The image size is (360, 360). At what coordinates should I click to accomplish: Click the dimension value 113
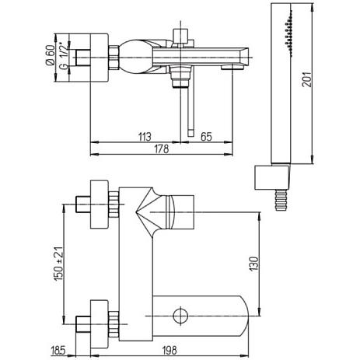click(x=145, y=137)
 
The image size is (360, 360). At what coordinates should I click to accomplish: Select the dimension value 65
click(x=206, y=137)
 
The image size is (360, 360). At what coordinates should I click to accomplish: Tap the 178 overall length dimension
click(x=162, y=149)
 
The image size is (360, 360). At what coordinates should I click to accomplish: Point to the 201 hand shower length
click(x=307, y=79)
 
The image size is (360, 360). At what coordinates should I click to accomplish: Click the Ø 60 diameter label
click(x=51, y=55)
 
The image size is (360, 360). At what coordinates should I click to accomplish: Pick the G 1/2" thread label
click(x=64, y=55)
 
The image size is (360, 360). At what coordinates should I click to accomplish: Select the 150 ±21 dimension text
click(x=58, y=264)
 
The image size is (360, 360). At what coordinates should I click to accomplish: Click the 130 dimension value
click(x=254, y=264)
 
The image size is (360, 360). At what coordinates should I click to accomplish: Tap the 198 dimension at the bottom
click(x=170, y=351)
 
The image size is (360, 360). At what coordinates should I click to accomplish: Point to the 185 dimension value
click(x=59, y=351)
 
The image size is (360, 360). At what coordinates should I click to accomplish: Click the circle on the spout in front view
click(x=180, y=316)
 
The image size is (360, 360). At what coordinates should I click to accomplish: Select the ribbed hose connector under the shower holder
click(x=281, y=200)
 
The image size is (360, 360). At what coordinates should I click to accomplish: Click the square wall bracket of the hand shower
click(x=271, y=177)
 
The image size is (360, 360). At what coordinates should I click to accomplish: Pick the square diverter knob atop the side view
click(x=180, y=36)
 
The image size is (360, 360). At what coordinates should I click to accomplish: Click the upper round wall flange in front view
click(x=99, y=204)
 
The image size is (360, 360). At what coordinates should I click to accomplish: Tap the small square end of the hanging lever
click(x=190, y=133)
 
